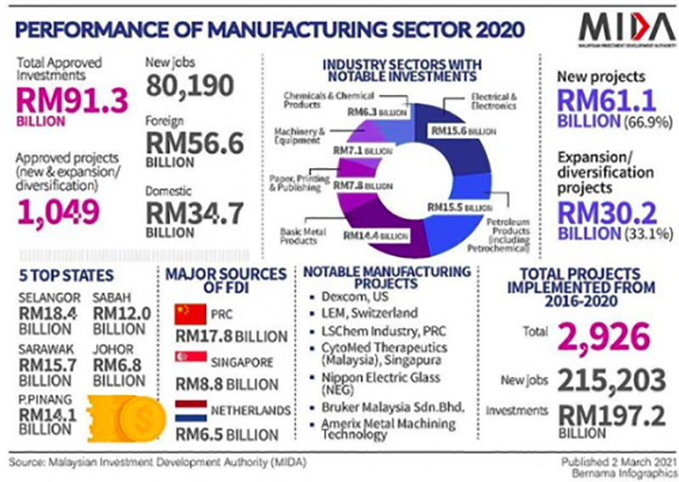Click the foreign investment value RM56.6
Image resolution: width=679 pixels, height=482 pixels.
[194, 145]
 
